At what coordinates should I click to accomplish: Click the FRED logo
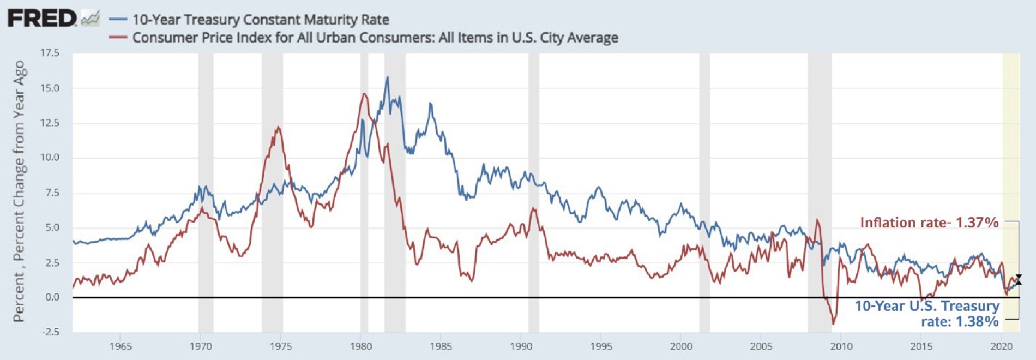[43, 19]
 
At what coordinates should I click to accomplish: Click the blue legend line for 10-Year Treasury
[118, 20]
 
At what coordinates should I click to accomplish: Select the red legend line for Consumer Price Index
[118, 38]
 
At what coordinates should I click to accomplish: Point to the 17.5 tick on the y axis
[50, 53]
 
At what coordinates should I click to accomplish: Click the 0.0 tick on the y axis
[52, 297]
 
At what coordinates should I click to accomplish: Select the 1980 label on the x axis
[360, 346]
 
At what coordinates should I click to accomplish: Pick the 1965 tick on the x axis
[121, 346]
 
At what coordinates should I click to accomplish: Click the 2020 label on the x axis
[1001, 346]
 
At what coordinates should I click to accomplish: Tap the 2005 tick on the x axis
[761, 346]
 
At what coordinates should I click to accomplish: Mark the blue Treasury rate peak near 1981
[387, 77]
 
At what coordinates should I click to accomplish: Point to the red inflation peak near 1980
[364, 94]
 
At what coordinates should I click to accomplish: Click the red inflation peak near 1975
[278, 128]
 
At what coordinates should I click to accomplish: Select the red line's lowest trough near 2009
[833, 323]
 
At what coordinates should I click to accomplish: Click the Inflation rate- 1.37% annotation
[929, 223]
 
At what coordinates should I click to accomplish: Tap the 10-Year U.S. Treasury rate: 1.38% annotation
[927, 314]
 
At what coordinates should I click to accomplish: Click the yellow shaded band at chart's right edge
[1011, 164]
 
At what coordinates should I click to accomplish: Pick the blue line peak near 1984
[430, 104]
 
